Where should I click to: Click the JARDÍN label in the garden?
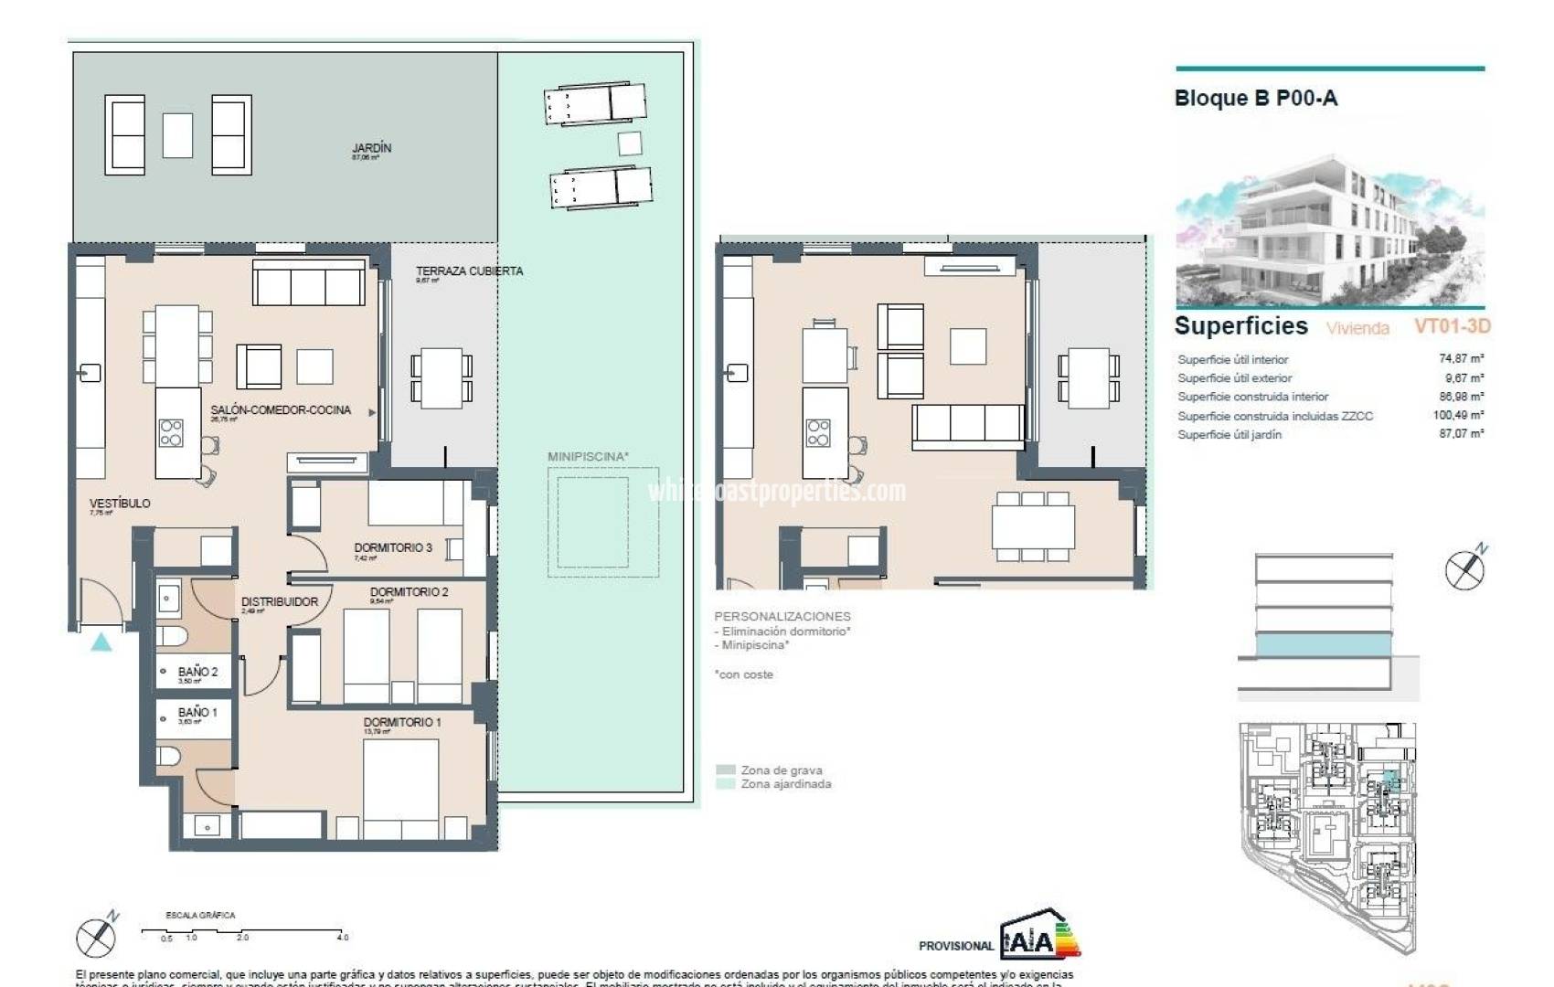[371, 148]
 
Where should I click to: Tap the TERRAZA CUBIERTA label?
[469, 271]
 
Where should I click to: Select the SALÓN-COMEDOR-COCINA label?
[281, 410]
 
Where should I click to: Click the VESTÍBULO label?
[120, 504]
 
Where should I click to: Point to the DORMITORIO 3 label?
[393, 547]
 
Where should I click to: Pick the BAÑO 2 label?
[197, 672]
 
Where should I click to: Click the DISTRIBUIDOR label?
[280, 602]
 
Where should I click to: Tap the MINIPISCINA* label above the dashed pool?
[588, 456]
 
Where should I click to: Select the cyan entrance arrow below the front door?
[101, 642]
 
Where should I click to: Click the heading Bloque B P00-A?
[1255, 99]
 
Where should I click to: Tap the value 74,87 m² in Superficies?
[1461, 359]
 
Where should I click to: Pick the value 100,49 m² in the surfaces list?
[1458, 415]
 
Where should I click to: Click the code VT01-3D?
[1452, 326]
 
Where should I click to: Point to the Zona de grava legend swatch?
[726, 770]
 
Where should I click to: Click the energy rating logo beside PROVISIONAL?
[1040, 936]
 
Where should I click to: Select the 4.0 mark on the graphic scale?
[343, 938]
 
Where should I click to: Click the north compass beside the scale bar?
[96, 936]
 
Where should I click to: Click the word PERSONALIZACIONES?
[782, 617]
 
